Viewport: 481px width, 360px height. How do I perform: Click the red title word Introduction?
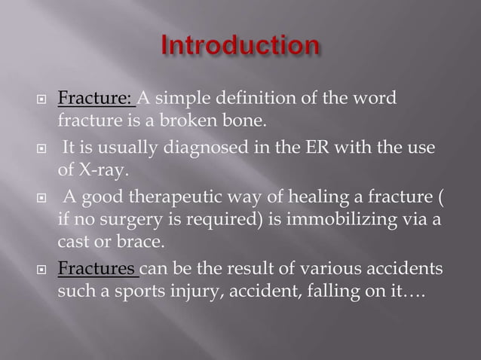[240, 47]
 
